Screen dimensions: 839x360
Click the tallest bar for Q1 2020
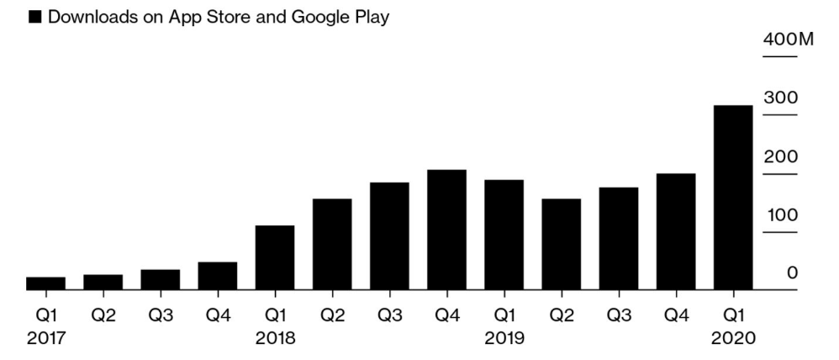(x=733, y=198)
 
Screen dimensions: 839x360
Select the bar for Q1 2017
(x=45, y=283)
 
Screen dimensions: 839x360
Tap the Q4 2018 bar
(x=446, y=230)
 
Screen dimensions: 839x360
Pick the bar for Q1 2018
(x=275, y=257)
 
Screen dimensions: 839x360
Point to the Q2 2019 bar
(x=562, y=244)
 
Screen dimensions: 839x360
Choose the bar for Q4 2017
(x=217, y=276)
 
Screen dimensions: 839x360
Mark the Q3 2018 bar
(x=389, y=236)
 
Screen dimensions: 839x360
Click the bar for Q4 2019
(x=676, y=232)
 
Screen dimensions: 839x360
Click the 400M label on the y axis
(x=789, y=40)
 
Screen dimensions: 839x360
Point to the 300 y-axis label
(x=780, y=98)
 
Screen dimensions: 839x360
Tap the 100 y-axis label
(x=782, y=214)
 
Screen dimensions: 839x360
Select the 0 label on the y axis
(x=792, y=273)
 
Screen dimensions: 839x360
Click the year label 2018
(x=275, y=339)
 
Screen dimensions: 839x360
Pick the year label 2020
(x=733, y=339)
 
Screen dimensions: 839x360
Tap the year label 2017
(x=46, y=339)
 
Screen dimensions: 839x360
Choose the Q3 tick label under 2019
(x=619, y=315)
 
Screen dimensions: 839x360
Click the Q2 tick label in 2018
(x=332, y=315)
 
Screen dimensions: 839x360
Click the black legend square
(x=34, y=18)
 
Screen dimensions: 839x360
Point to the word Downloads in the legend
(x=92, y=17)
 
